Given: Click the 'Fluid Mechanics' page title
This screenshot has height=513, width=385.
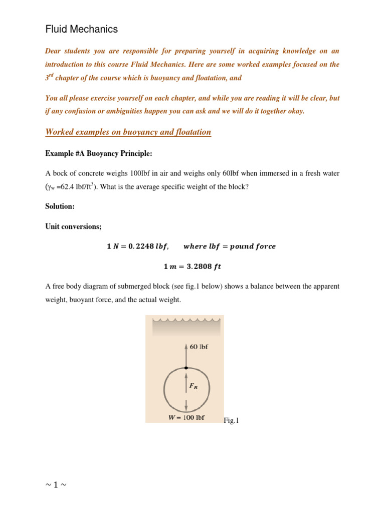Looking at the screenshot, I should pos(82,30).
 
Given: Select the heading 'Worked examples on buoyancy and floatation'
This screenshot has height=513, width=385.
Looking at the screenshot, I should pos(128,132).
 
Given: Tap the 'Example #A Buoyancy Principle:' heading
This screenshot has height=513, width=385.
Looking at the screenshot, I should pos(99,153).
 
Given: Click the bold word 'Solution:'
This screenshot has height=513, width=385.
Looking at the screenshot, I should pos(60,206).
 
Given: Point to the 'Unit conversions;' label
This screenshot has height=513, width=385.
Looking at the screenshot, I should pos(73,226).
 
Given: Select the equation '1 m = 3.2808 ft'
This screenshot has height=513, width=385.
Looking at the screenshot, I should pos(192,267).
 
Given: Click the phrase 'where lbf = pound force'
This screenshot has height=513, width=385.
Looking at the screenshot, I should pos(230,246).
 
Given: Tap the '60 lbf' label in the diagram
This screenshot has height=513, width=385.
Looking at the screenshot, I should pos(199,346).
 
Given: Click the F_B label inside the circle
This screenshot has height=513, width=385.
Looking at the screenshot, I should pos(194,386).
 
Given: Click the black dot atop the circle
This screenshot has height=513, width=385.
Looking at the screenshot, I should pos(186,368).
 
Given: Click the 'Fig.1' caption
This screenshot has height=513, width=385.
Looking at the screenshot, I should pos(232,421).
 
